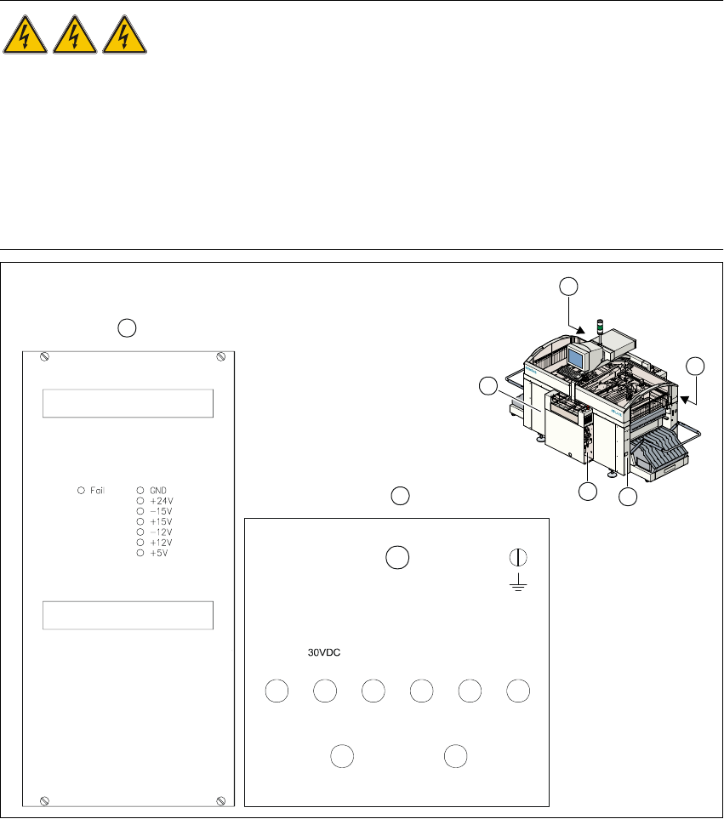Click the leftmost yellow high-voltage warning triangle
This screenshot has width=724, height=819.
[25, 35]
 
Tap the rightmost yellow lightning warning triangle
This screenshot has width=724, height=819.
[124, 35]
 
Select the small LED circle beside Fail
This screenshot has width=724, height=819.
[81, 491]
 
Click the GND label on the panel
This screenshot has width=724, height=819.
[158, 491]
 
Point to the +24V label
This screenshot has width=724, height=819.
[162, 501]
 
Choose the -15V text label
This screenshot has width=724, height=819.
[161, 511]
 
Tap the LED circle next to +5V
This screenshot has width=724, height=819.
[140, 553]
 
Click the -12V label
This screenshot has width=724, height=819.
[161, 532]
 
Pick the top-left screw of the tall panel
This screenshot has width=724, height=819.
[44, 356]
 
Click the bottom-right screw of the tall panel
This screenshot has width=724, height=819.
[221, 801]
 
